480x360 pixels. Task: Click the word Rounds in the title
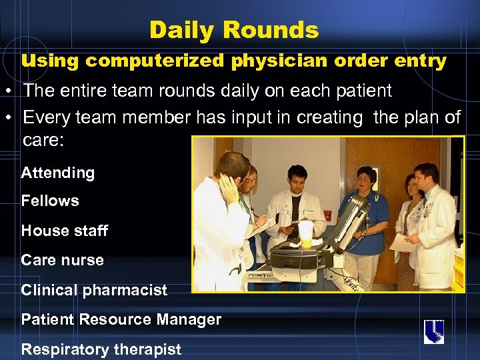[x=271, y=30]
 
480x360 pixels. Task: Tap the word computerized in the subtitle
[x=155, y=61]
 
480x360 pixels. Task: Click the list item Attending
[x=58, y=173]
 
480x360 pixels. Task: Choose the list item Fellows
[x=50, y=201]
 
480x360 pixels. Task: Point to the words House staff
[x=64, y=231]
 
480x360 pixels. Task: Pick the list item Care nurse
[x=62, y=260]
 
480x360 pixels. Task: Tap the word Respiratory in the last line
[x=62, y=349]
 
